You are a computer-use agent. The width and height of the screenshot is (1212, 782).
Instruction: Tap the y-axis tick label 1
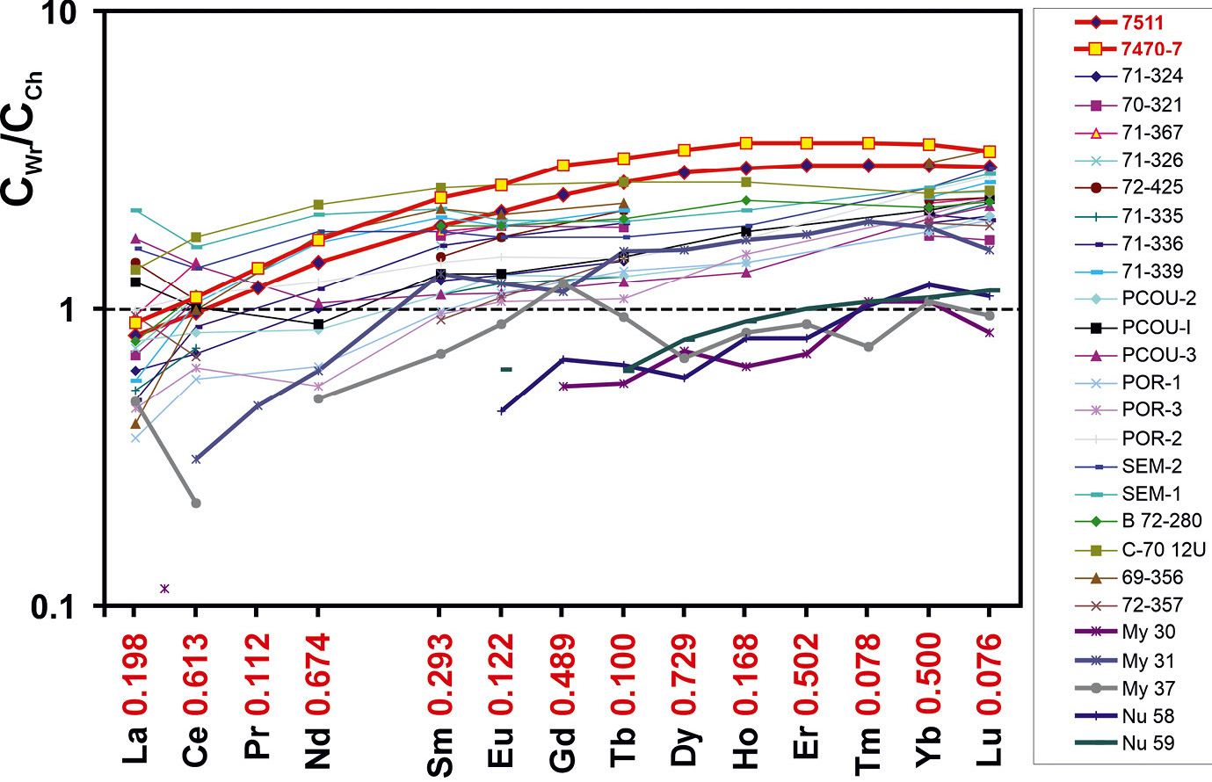pos(82,309)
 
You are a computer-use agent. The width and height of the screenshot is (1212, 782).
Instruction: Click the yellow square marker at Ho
pos(745,143)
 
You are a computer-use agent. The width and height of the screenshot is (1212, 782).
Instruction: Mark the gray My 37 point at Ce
pos(196,503)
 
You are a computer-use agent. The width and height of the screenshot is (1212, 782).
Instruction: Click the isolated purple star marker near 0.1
pos(164,589)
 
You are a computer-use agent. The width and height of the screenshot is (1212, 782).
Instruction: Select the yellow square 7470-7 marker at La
pos(134,323)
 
